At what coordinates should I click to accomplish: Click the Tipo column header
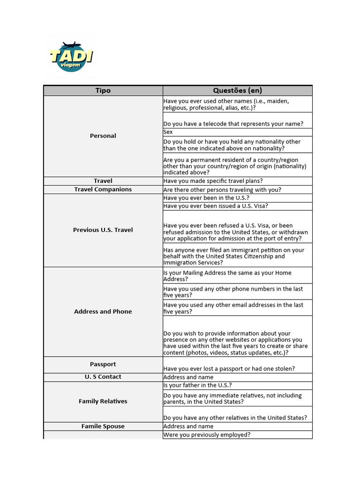click(x=103, y=90)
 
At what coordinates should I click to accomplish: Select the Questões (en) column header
click(x=237, y=90)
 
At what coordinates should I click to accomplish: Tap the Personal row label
click(x=103, y=136)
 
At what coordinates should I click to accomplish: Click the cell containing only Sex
click(x=168, y=132)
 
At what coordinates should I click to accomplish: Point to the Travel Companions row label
click(x=103, y=189)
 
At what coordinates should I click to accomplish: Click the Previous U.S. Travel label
click(x=103, y=230)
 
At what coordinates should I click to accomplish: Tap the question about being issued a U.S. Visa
click(x=216, y=206)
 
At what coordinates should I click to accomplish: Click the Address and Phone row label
click(x=103, y=311)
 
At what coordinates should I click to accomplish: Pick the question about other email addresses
click(x=233, y=308)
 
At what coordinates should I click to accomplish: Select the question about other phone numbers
click(x=233, y=292)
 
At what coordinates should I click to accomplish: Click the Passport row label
click(x=103, y=364)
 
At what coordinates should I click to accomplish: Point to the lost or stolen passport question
click(x=229, y=368)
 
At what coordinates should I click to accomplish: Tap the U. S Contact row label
click(x=103, y=377)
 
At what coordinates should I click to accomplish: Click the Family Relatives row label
click(x=103, y=401)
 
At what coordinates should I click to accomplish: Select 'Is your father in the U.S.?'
click(x=197, y=385)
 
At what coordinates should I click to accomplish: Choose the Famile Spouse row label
click(x=103, y=426)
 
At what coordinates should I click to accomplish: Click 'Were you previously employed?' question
click(x=207, y=435)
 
